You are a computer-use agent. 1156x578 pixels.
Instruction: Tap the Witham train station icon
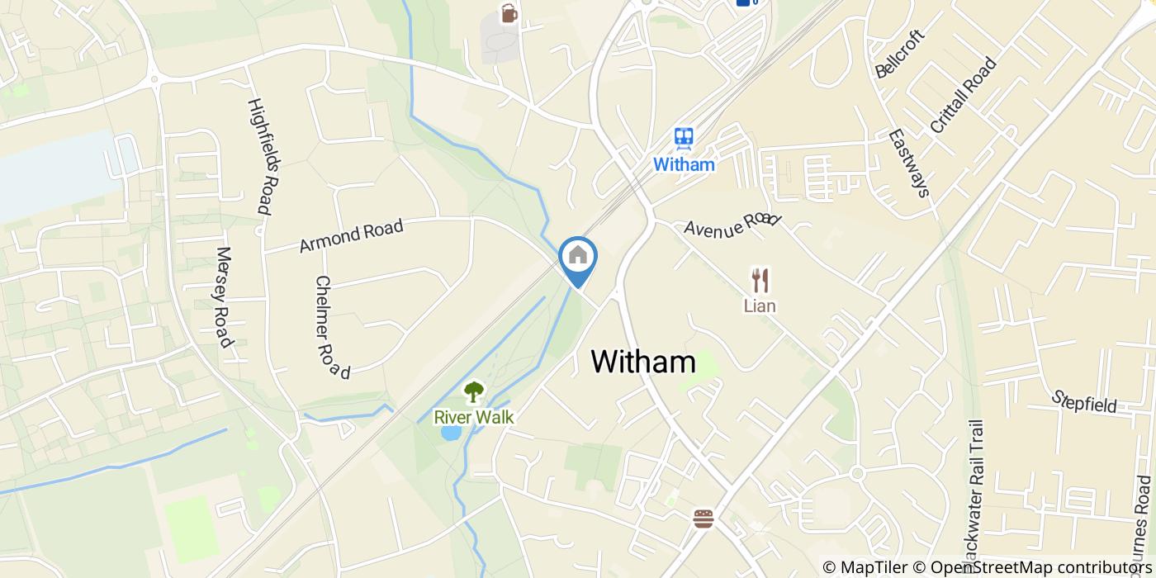pyautogui.click(x=683, y=138)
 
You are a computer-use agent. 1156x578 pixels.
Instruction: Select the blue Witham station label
pyautogui.click(x=684, y=164)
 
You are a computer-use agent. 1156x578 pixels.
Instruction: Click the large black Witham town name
pyautogui.click(x=643, y=362)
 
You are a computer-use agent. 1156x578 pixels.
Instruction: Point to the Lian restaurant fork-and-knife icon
pyautogui.click(x=760, y=281)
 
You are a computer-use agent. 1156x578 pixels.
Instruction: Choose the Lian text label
pyautogui.click(x=760, y=306)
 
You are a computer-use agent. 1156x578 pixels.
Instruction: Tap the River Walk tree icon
pyautogui.click(x=474, y=392)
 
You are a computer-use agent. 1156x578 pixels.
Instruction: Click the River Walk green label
pyautogui.click(x=474, y=418)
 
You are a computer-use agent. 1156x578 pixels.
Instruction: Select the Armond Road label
pyautogui.click(x=351, y=236)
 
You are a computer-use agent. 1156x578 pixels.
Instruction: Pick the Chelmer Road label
pyautogui.click(x=333, y=327)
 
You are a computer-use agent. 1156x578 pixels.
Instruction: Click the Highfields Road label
pyautogui.click(x=259, y=157)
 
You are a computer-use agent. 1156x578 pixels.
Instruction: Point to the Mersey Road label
pyautogui.click(x=222, y=297)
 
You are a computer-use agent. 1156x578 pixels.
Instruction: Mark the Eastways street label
pyautogui.click(x=909, y=163)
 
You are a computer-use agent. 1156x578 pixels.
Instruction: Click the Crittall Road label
pyautogui.click(x=964, y=95)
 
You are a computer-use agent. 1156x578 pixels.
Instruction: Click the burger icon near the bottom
pyautogui.click(x=704, y=519)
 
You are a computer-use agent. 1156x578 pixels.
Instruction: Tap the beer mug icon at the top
pyautogui.click(x=509, y=13)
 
